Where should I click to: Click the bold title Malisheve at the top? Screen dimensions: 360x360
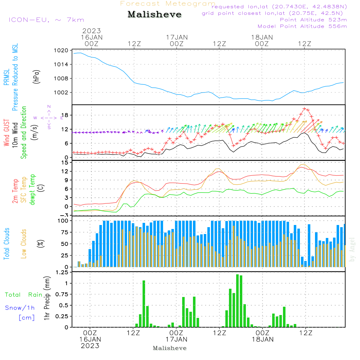click(x=154, y=15)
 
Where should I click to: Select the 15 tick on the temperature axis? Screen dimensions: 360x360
click(x=65, y=162)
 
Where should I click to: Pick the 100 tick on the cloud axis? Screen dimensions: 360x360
click(x=63, y=220)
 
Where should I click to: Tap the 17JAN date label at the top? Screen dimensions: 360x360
click(x=177, y=37)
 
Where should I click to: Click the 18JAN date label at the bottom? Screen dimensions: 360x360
click(x=262, y=339)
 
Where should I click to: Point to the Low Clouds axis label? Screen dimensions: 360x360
click(x=24, y=243)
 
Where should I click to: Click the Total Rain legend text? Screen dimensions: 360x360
click(x=24, y=295)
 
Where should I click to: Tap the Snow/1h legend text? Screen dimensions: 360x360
click(x=20, y=308)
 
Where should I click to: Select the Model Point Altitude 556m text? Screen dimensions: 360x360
click(x=302, y=26)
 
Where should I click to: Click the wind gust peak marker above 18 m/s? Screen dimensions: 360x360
click(x=305, y=108)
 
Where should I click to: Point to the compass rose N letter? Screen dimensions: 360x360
click(x=49, y=107)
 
